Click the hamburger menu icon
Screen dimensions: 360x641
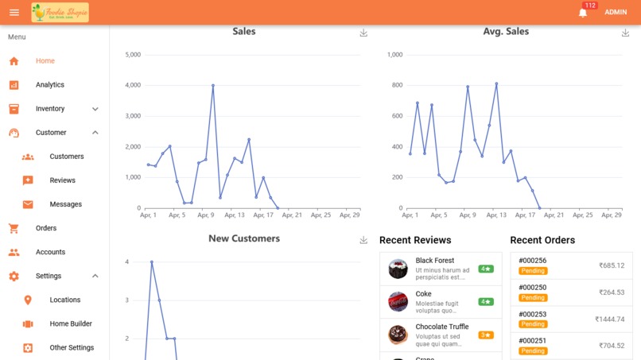click(14, 12)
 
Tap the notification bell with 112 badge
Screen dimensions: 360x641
click(583, 13)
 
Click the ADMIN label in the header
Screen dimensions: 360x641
click(616, 13)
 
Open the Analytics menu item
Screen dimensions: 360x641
click(49, 85)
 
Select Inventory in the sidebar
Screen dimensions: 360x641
click(50, 109)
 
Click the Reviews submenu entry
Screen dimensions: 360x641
click(62, 180)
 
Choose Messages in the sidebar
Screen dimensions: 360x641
click(65, 204)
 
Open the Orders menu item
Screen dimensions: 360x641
click(46, 228)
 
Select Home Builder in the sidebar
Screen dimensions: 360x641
click(71, 323)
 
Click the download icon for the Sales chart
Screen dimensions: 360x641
click(363, 33)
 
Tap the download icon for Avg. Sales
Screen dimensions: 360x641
click(626, 33)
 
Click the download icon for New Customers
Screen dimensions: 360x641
click(363, 239)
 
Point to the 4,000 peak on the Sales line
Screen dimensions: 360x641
click(213, 85)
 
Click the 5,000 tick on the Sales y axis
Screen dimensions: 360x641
click(133, 55)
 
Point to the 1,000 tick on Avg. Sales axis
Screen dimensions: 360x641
click(394, 55)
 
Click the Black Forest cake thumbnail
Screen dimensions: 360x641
click(398, 269)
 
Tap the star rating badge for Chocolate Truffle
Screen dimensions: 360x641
click(486, 335)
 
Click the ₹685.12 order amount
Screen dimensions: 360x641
click(611, 266)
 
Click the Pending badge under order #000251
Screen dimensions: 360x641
click(533, 350)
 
